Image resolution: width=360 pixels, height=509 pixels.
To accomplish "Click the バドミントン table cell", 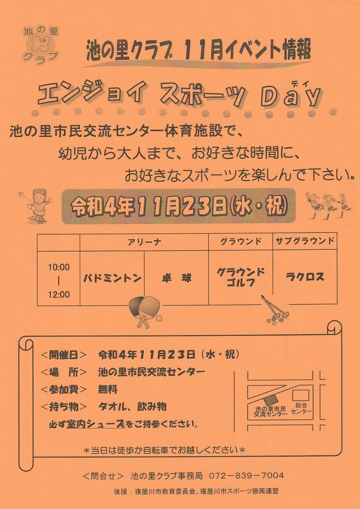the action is tap(112, 278).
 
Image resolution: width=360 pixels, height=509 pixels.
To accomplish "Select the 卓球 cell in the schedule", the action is tap(176, 278).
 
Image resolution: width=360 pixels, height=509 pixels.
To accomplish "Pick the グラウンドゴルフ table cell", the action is tap(241, 278).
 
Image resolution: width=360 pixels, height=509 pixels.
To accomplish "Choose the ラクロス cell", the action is tap(305, 277).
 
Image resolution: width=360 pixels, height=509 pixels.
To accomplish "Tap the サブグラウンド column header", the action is tap(305, 241).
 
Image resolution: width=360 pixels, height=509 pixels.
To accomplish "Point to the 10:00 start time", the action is tap(58, 267).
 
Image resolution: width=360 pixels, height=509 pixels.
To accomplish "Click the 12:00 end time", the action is tap(58, 295).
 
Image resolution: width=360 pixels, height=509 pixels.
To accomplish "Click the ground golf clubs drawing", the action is tap(275, 309).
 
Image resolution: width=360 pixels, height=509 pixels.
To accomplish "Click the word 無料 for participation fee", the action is tap(108, 390).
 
